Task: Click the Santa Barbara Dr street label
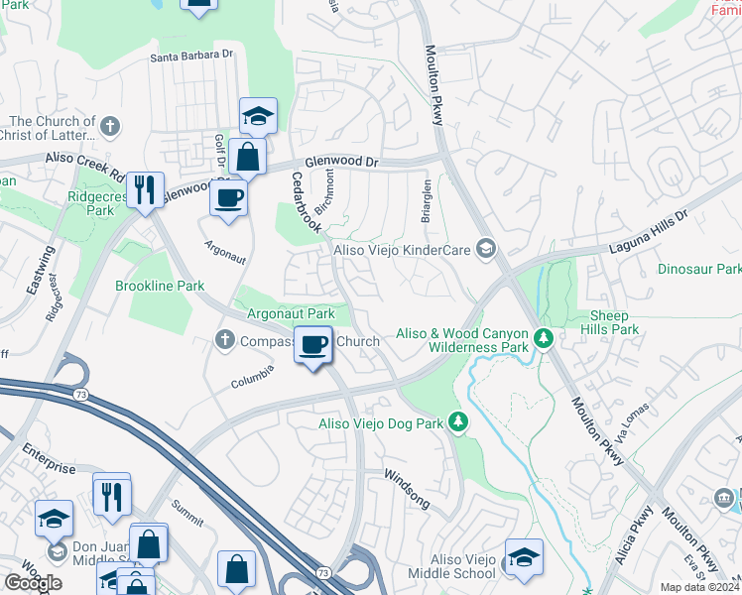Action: tap(191, 57)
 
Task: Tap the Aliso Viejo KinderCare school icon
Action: tap(485, 248)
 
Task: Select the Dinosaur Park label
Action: tap(698, 269)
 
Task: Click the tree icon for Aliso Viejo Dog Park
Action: tap(457, 423)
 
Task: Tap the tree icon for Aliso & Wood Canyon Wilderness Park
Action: tap(543, 339)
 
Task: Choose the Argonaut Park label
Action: tap(291, 313)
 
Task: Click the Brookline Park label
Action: tap(159, 286)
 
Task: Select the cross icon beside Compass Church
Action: tap(224, 341)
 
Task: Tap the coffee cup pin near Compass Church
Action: tap(314, 345)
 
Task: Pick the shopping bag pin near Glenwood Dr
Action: tap(247, 157)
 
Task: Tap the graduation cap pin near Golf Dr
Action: tap(258, 117)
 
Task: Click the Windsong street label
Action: tap(407, 488)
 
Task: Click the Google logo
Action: tap(34, 583)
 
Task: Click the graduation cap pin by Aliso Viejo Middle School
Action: tap(524, 557)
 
